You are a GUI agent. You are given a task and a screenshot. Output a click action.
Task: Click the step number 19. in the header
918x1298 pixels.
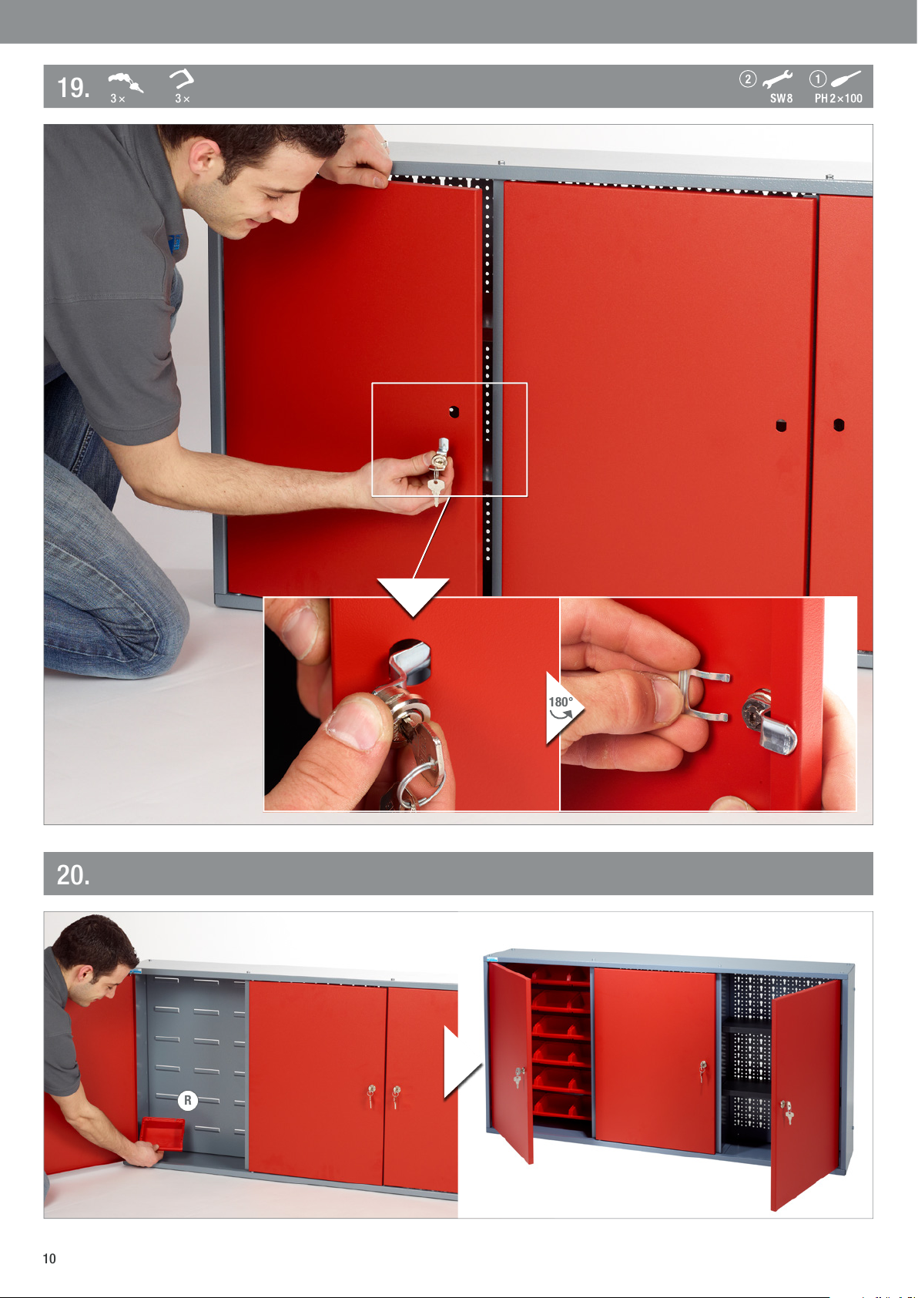[73, 88]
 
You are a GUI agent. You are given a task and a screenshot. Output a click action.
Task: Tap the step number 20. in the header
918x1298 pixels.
[73, 874]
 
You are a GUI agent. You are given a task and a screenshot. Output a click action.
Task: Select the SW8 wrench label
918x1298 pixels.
[781, 99]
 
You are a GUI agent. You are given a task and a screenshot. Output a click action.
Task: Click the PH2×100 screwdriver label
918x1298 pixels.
[838, 99]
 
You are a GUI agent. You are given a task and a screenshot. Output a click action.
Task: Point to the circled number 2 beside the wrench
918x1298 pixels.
[748, 79]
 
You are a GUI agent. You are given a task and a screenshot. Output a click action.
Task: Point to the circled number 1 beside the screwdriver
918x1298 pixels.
[817, 79]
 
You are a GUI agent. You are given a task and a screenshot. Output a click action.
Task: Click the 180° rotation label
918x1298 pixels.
[560, 702]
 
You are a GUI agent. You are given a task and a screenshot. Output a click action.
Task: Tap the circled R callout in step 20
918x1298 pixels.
[188, 1100]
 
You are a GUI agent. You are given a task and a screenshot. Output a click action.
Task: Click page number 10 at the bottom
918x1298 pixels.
[49, 1258]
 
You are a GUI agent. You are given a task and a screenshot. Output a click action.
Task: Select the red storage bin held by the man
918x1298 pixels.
[162, 1133]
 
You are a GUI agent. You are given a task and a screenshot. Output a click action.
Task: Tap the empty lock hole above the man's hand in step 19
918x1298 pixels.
[454, 412]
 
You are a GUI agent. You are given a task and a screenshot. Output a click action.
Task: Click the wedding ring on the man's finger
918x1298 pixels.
[384, 144]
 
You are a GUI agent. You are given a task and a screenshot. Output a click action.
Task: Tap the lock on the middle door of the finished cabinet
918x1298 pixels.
[702, 1071]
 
